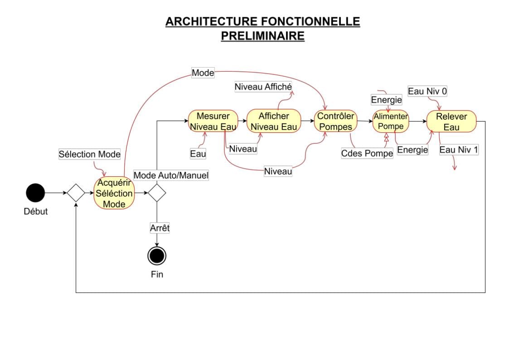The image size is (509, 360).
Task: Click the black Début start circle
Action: (x=35, y=193)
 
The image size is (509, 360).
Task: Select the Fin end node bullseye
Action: (x=157, y=256)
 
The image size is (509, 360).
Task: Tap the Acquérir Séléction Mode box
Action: (x=114, y=193)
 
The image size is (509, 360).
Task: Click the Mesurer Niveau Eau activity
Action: (x=213, y=121)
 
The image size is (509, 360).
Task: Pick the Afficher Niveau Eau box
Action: (x=274, y=121)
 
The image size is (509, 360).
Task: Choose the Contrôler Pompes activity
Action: (x=336, y=121)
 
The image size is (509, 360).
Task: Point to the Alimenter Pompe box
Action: (x=391, y=121)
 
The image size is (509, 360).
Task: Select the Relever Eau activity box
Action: (x=451, y=122)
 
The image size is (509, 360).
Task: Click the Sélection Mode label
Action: (x=90, y=154)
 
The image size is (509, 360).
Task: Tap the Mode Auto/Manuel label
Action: (x=171, y=175)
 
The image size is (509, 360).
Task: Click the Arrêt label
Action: (x=160, y=228)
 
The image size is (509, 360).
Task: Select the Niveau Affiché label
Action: (x=263, y=87)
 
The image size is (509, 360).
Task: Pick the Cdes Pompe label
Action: (x=367, y=153)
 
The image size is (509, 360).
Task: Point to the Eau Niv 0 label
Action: (x=427, y=91)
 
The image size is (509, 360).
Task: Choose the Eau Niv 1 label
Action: (x=459, y=150)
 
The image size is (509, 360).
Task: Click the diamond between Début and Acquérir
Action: (x=76, y=193)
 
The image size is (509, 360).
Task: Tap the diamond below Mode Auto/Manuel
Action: (x=157, y=193)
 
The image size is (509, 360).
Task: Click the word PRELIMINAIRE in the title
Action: (x=262, y=36)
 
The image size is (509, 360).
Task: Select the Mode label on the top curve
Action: (x=203, y=73)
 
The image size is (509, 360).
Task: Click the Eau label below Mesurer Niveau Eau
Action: (x=198, y=154)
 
